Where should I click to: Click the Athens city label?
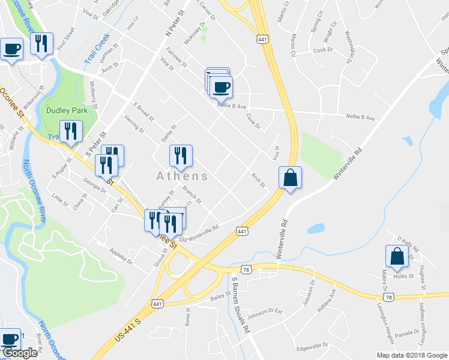click(x=182, y=176)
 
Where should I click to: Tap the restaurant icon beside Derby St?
click(x=181, y=157)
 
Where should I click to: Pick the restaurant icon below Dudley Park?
click(x=71, y=132)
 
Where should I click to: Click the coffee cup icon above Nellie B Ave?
click(x=221, y=88)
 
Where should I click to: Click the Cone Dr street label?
click(x=254, y=121)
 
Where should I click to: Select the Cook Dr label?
click(x=322, y=50)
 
